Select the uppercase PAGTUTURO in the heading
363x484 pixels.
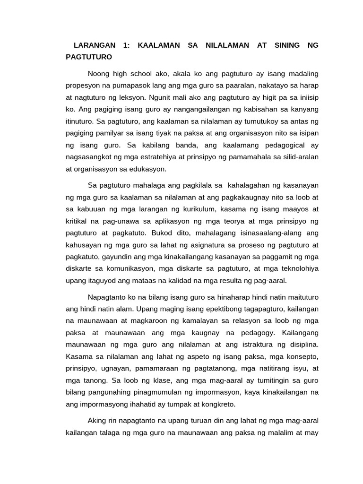pyautogui.click(x=89, y=57)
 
